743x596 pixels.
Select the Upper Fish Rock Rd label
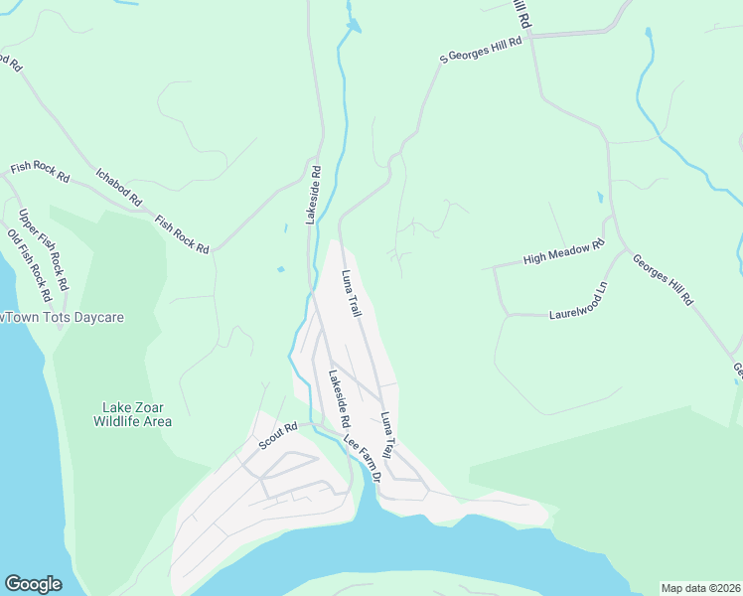[43, 249]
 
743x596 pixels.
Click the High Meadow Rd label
[564, 252]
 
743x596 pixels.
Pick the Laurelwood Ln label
[578, 303]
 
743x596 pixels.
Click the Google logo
[34, 583]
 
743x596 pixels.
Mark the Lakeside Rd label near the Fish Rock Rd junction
[312, 195]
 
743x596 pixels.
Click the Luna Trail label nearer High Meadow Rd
[352, 294]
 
